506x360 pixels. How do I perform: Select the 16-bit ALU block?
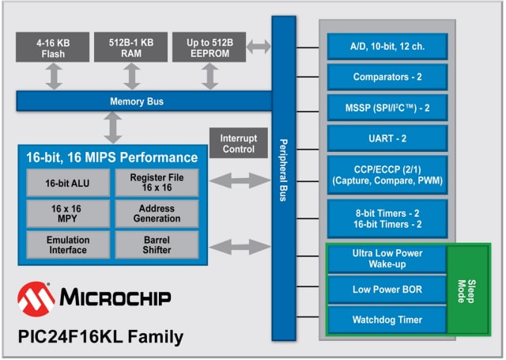click(67, 183)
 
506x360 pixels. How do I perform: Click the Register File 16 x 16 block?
click(157, 183)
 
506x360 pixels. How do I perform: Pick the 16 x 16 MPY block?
click(67, 211)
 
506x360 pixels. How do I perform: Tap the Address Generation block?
click(157, 211)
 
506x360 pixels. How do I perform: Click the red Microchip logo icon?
click(36, 298)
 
